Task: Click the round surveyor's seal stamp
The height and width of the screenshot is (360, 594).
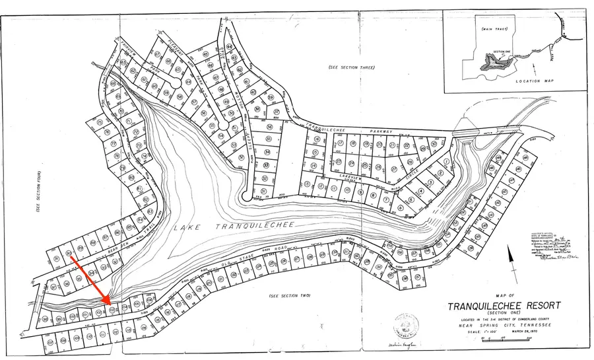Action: coord(404,327)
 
